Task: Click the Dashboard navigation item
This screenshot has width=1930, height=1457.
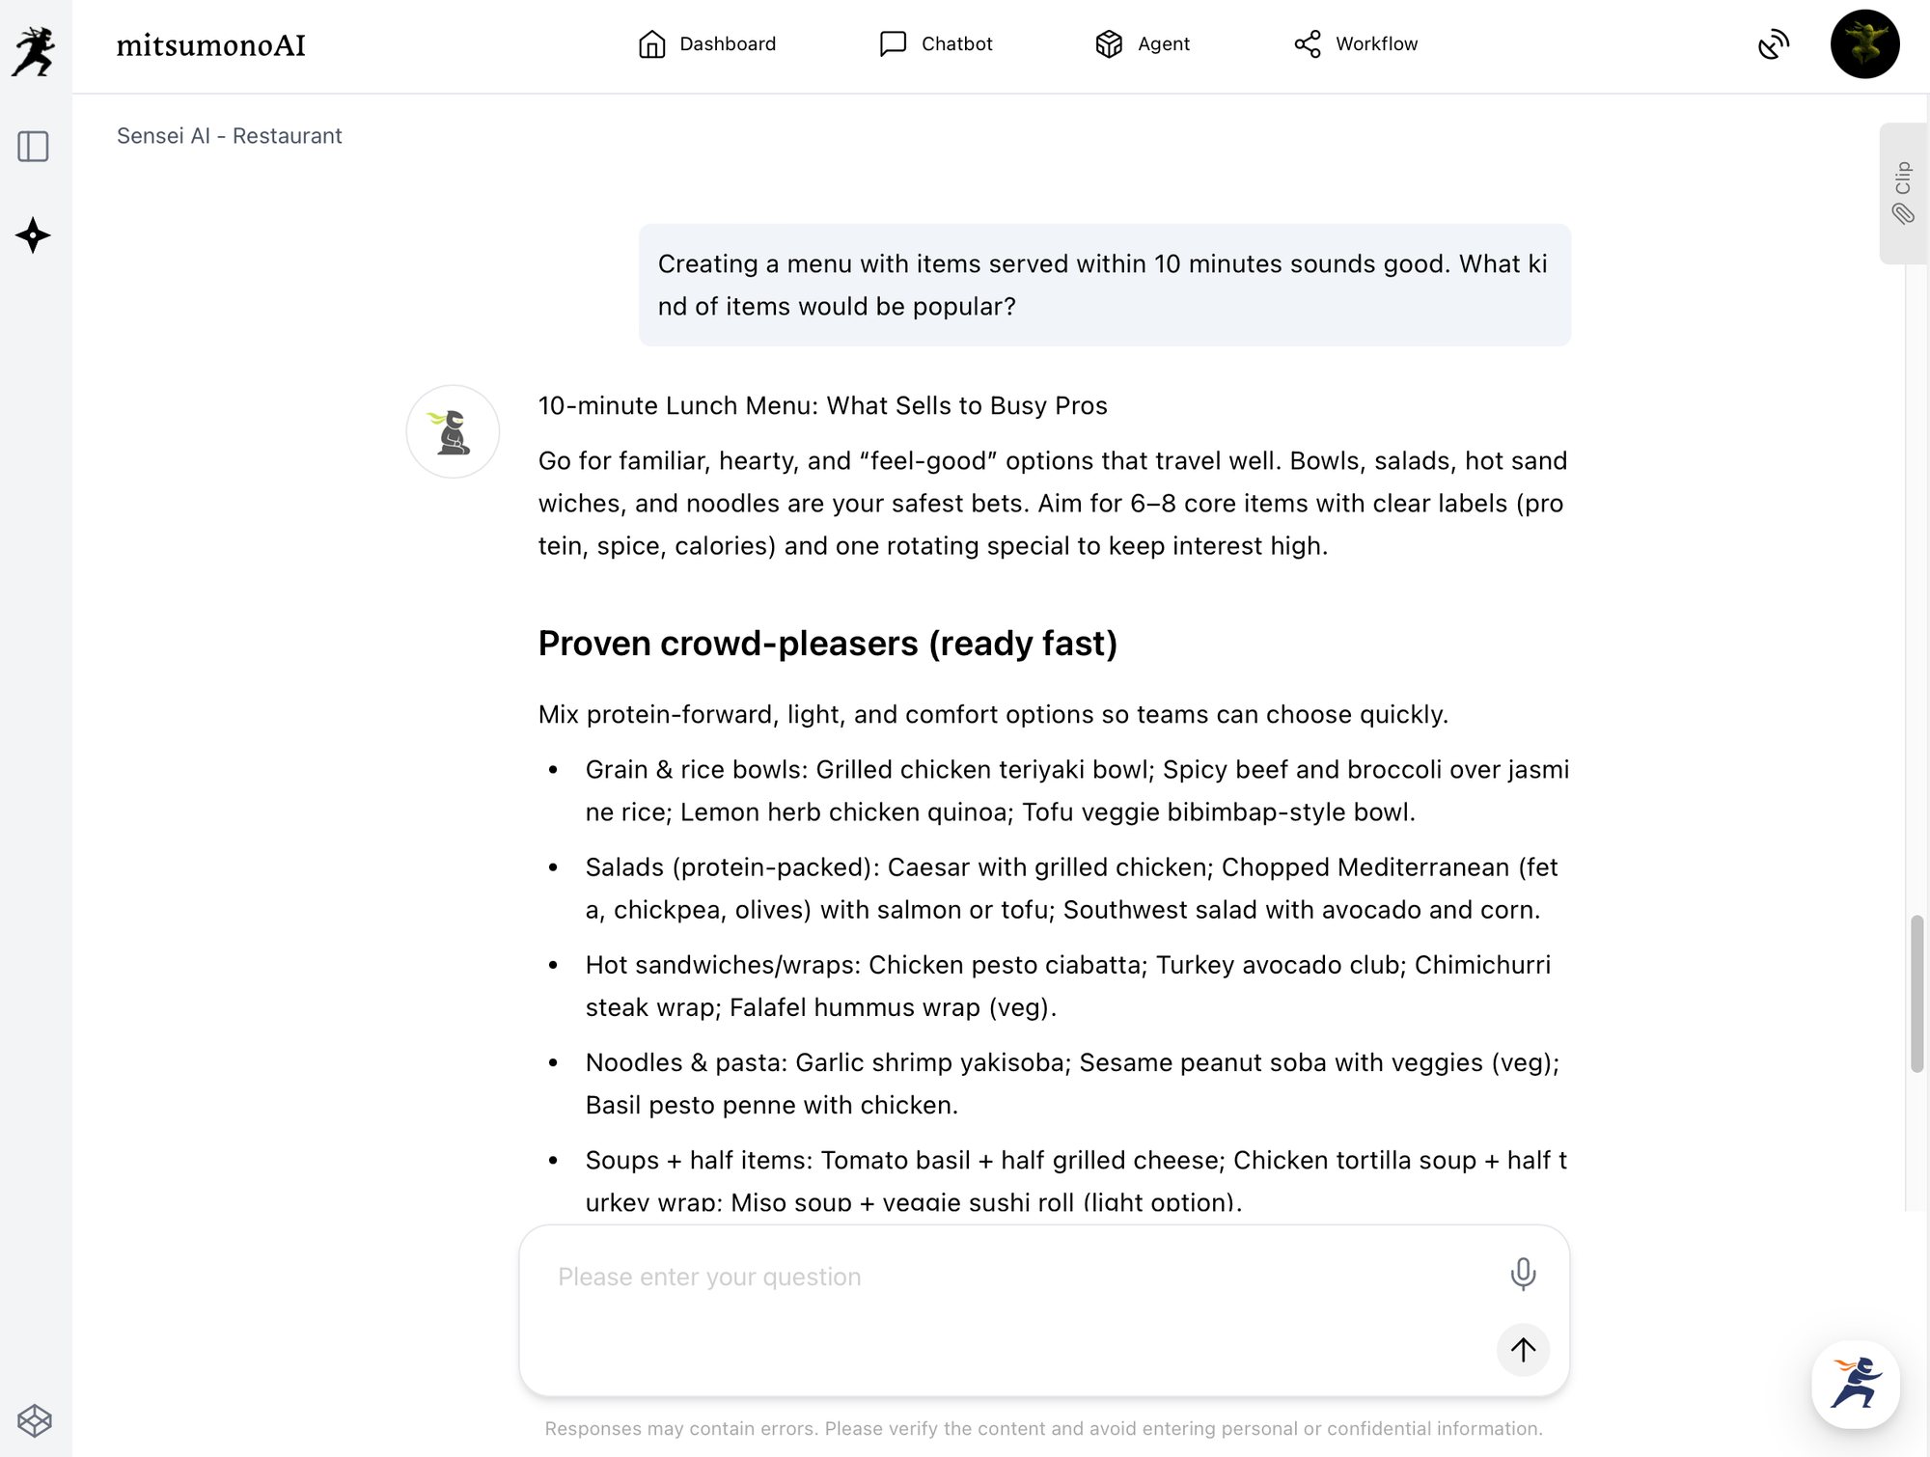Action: [x=707, y=44]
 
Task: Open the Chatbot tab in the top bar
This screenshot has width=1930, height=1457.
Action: [x=936, y=44]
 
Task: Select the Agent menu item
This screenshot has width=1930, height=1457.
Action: [x=1143, y=44]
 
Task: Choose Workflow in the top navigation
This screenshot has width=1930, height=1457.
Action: [x=1356, y=44]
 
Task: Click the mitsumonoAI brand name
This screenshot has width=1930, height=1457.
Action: [x=210, y=45]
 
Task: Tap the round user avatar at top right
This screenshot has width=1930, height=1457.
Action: [x=1864, y=44]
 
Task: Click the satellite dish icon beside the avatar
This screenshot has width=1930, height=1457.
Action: [x=1774, y=44]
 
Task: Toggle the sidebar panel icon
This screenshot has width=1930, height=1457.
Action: [x=34, y=147]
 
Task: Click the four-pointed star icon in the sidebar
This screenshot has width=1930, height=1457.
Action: [x=34, y=235]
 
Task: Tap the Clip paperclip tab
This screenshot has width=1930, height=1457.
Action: [x=1903, y=193]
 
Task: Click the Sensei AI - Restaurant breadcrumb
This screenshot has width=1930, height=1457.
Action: [x=230, y=136]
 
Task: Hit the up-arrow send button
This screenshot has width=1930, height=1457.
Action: [x=1523, y=1349]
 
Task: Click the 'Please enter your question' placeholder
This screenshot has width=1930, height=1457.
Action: [x=709, y=1277]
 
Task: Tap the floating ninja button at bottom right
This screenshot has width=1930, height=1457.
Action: [x=1855, y=1384]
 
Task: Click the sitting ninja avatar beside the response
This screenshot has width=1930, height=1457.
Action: [x=453, y=431]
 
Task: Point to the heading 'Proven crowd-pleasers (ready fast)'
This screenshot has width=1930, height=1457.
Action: [x=827, y=644]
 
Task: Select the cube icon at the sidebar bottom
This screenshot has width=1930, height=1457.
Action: [x=35, y=1420]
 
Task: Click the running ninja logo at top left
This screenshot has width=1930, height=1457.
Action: [x=35, y=50]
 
